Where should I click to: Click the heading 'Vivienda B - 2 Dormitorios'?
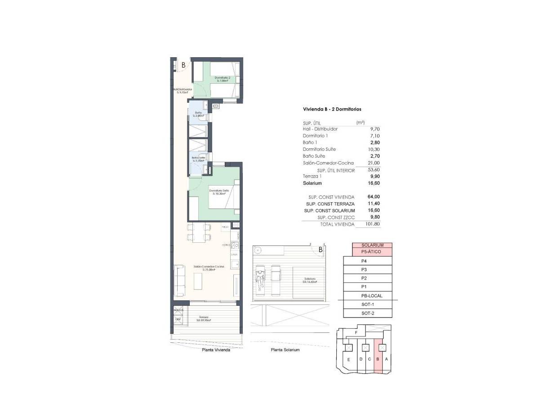[332, 109]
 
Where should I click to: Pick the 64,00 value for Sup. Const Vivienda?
[373, 197]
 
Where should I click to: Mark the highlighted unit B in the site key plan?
[378, 359]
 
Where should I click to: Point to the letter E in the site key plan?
[348, 359]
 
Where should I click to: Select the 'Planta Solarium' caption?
[285, 350]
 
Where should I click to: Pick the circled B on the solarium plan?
[320, 250]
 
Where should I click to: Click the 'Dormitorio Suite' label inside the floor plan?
[219, 191]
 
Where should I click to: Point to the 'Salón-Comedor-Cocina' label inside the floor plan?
[209, 268]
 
